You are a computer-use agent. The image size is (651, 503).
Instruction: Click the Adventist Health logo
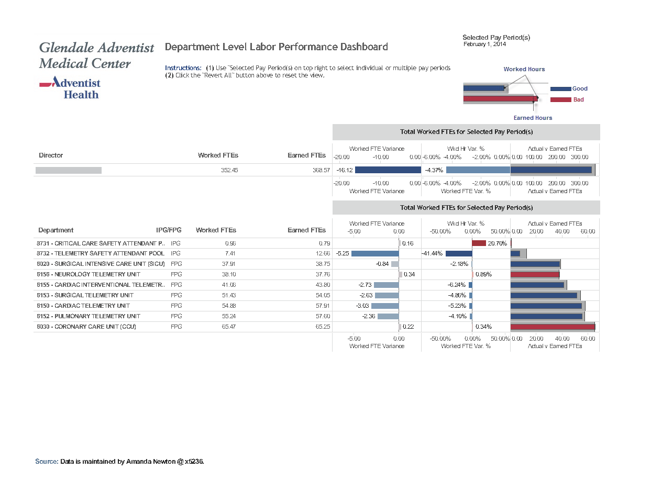click(70, 88)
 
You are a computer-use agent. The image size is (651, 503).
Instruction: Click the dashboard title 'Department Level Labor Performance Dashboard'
click(276, 47)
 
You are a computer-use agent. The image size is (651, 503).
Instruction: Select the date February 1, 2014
click(484, 44)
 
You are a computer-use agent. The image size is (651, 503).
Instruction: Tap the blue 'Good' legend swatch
click(560, 88)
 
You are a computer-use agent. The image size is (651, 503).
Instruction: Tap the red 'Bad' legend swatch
click(560, 99)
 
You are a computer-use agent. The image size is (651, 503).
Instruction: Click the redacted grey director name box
click(69, 170)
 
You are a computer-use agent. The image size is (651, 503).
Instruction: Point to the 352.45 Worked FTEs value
click(229, 170)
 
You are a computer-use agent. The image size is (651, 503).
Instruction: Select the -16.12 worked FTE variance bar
click(388, 170)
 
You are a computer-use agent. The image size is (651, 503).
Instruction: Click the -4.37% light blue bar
click(478, 170)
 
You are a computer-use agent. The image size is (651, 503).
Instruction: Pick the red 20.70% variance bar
click(479, 243)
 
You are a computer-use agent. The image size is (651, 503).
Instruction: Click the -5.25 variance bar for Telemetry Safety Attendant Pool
click(375, 254)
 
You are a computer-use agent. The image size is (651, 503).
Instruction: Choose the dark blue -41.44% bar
click(459, 254)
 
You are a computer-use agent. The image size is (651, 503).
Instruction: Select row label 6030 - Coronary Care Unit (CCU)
click(86, 327)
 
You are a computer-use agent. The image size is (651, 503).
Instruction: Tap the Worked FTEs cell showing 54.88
click(229, 306)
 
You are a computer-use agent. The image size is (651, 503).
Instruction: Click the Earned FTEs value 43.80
click(323, 285)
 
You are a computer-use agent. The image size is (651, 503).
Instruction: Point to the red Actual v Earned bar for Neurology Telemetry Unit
click(535, 275)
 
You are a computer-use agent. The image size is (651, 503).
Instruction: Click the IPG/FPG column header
click(169, 230)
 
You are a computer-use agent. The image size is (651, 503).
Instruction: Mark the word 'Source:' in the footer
click(47, 461)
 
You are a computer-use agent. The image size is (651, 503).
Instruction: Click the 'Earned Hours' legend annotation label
click(533, 118)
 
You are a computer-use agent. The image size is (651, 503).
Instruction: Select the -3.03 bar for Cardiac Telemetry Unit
click(385, 306)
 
